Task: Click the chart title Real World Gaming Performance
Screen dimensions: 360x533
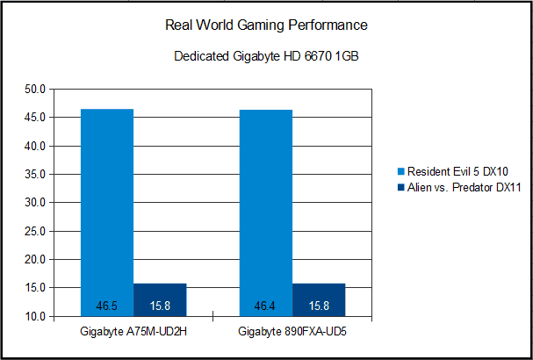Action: point(266,25)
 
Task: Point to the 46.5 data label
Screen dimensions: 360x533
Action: point(107,306)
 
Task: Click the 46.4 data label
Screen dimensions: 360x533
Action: point(266,306)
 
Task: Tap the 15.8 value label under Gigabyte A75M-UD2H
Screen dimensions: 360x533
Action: point(160,306)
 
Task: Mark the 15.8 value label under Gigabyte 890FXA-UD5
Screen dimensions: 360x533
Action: point(319,306)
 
